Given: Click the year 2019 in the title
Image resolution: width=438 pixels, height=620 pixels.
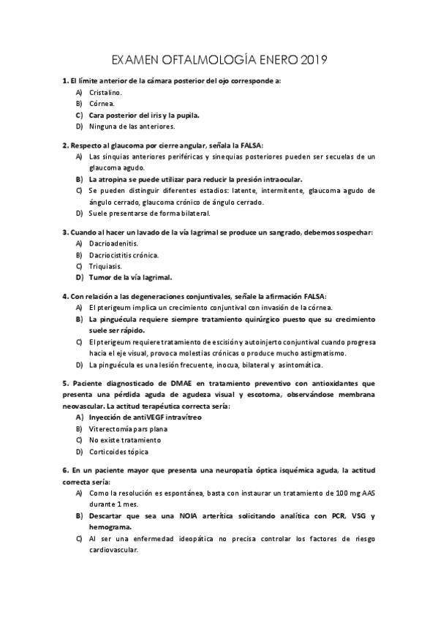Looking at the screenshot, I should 313,58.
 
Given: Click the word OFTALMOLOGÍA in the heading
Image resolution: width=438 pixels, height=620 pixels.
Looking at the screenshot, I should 206,58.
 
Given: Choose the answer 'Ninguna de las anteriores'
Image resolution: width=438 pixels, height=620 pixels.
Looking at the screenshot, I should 132,126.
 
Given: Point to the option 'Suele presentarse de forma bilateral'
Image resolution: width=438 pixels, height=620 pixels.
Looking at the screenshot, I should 149,213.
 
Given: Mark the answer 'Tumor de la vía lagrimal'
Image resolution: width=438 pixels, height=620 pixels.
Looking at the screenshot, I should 129,277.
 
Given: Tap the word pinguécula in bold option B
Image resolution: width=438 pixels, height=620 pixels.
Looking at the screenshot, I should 118,319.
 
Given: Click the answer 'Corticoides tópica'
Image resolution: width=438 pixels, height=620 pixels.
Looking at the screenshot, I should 119,451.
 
